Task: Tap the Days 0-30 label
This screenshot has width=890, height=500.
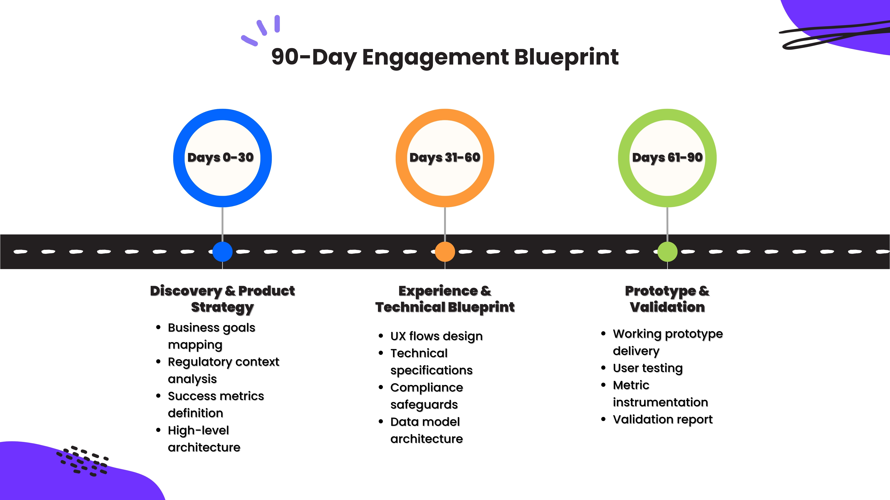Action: pos(220,158)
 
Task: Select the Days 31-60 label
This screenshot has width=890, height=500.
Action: pos(445,158)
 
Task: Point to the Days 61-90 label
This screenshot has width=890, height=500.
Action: pos(667,158)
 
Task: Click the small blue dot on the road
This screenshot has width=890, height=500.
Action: pos(222,252)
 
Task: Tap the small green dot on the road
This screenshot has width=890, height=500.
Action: pos(667,252)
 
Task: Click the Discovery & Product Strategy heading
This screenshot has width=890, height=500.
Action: pos(222,299)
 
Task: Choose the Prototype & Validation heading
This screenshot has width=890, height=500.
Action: pos(667,299)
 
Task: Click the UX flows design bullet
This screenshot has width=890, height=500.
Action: pos(436,336)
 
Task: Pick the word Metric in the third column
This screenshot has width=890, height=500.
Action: pos(631,385)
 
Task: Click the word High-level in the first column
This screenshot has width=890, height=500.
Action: pos(198,430)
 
